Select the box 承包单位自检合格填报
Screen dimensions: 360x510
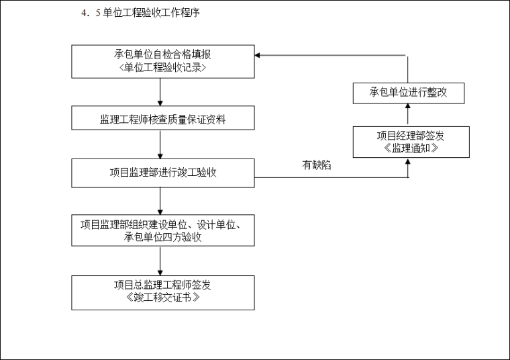pos(163,62)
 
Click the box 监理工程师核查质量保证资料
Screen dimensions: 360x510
pos(163,120)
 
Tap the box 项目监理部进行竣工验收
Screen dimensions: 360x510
pos(163,173)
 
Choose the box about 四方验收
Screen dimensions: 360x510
pos(163,230)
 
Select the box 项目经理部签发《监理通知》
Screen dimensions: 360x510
pos(410,142)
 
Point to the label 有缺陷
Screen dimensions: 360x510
pos(316,165)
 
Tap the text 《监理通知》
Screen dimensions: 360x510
pos(410,148)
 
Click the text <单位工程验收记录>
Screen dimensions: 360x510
pos(163,67)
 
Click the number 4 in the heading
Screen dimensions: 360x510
pos(83,13)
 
